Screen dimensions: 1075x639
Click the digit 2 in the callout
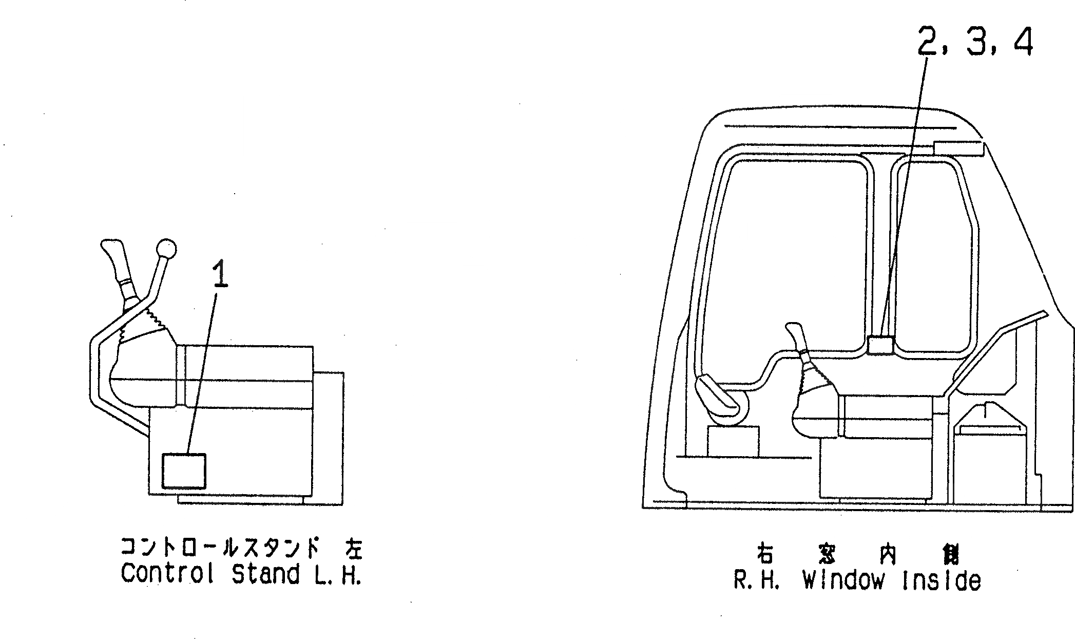pyautogui.click(x=930, y=42)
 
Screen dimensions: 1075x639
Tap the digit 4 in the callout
pyautogui.click(x=1023, y=42)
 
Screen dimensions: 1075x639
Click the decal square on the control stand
pyautogui.click(x=184, y=471)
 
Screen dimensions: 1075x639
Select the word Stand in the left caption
pyautogui.click(x=265, y=573)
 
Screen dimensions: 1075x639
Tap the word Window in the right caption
pyautogui.click(x=843, y=580)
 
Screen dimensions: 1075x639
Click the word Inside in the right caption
pyautogui.click(x=941, y=580)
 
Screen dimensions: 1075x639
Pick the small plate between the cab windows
pyautogui.click(x=880, y=345)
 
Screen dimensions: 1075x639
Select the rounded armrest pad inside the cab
pyautogui.click(x=717, y=396)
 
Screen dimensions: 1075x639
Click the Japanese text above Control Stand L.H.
pyautogui.click(x=241, y=548)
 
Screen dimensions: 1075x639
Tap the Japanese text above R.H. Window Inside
pyautogui.click(x=857, y=555)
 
